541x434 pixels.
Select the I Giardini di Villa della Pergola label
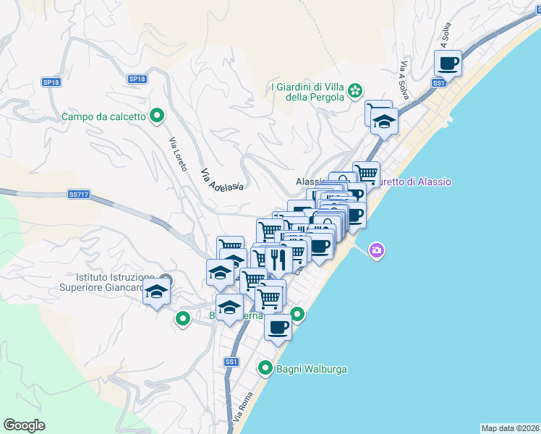[307, 92]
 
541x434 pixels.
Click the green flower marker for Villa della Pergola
[355, 91]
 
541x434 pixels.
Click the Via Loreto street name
[179, 156]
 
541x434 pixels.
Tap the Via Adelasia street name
[220, 179]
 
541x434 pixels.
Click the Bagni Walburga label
[311, 369]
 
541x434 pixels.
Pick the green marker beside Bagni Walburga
[265, 368]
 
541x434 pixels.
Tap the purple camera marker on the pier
[376, 251]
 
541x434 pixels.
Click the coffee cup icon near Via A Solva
[448, 63]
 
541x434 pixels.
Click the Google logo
[24, 425]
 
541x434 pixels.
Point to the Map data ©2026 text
[509, 427]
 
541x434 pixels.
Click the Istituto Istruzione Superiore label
[116, 282]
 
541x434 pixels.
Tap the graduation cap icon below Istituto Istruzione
[156, 292]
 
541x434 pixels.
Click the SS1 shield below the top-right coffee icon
[438, 83]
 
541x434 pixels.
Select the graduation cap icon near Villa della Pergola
[384, 121]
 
